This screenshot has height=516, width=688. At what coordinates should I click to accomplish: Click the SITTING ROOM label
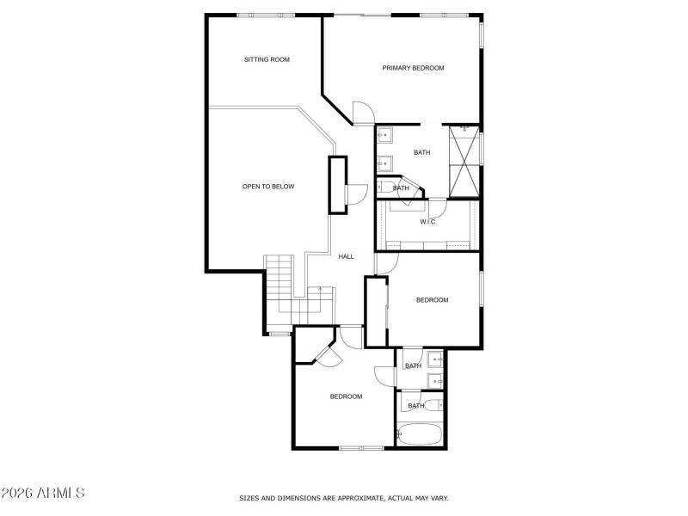[x=267, y=59]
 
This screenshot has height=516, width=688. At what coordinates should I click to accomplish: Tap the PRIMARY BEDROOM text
[x=413, y=67]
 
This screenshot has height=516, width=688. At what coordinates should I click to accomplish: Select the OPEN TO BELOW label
[x=268, y=186]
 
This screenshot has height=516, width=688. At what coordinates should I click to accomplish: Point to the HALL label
[x=347, y=256]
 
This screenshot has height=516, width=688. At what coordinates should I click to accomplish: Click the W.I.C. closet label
[x=428, y=222]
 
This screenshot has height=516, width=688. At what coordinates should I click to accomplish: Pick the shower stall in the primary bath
[x=464, y=161]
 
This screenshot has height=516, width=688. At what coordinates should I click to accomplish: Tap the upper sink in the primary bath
[x=384, y=134]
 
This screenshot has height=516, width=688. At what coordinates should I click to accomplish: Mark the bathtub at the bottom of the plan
[x=419, y=434]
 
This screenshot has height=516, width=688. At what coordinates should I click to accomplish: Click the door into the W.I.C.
[x=438, y=206]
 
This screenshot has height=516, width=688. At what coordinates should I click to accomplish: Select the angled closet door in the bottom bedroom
[x=325, y=354]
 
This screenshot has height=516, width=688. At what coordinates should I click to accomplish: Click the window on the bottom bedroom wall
[x=361, y=447]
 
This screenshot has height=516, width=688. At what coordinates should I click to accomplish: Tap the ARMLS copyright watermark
[x=43, y=494]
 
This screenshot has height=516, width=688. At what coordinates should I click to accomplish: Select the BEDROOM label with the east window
[x=432, y=300]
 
